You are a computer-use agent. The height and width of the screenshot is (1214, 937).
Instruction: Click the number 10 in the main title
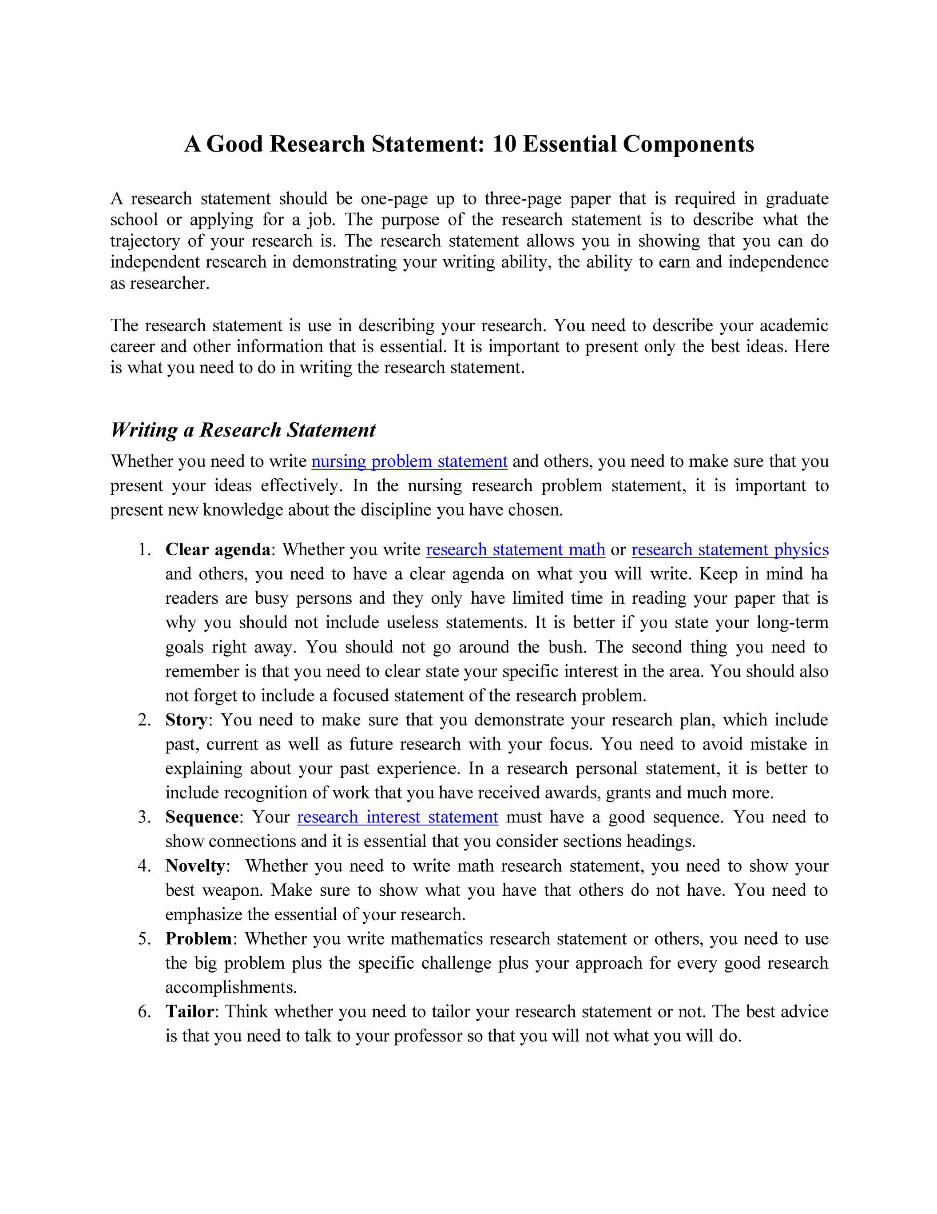(x=504, y=144)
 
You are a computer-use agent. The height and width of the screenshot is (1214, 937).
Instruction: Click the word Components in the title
(x=688, y=144)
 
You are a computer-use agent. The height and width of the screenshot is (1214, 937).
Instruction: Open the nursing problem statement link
(x=409, y=461)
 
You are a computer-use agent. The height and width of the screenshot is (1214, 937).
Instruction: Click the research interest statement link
(x=398, y=817)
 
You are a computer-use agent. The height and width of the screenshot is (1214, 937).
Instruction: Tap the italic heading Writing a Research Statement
(x=243, y=430)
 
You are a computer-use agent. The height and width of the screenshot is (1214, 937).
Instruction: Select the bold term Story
(x=186, y=720)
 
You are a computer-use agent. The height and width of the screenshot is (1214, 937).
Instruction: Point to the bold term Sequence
(x=202, y=817)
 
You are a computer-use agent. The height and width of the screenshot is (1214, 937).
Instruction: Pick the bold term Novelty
(x=195, y=865)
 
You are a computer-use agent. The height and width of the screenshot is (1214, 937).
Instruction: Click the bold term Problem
(x=199, y=938)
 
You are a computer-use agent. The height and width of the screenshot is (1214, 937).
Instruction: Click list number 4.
(x=144, y=865)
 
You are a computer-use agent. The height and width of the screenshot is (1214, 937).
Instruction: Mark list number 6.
(x=144, y=1011)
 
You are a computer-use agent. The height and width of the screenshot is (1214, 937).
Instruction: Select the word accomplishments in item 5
(x=230, y=987)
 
